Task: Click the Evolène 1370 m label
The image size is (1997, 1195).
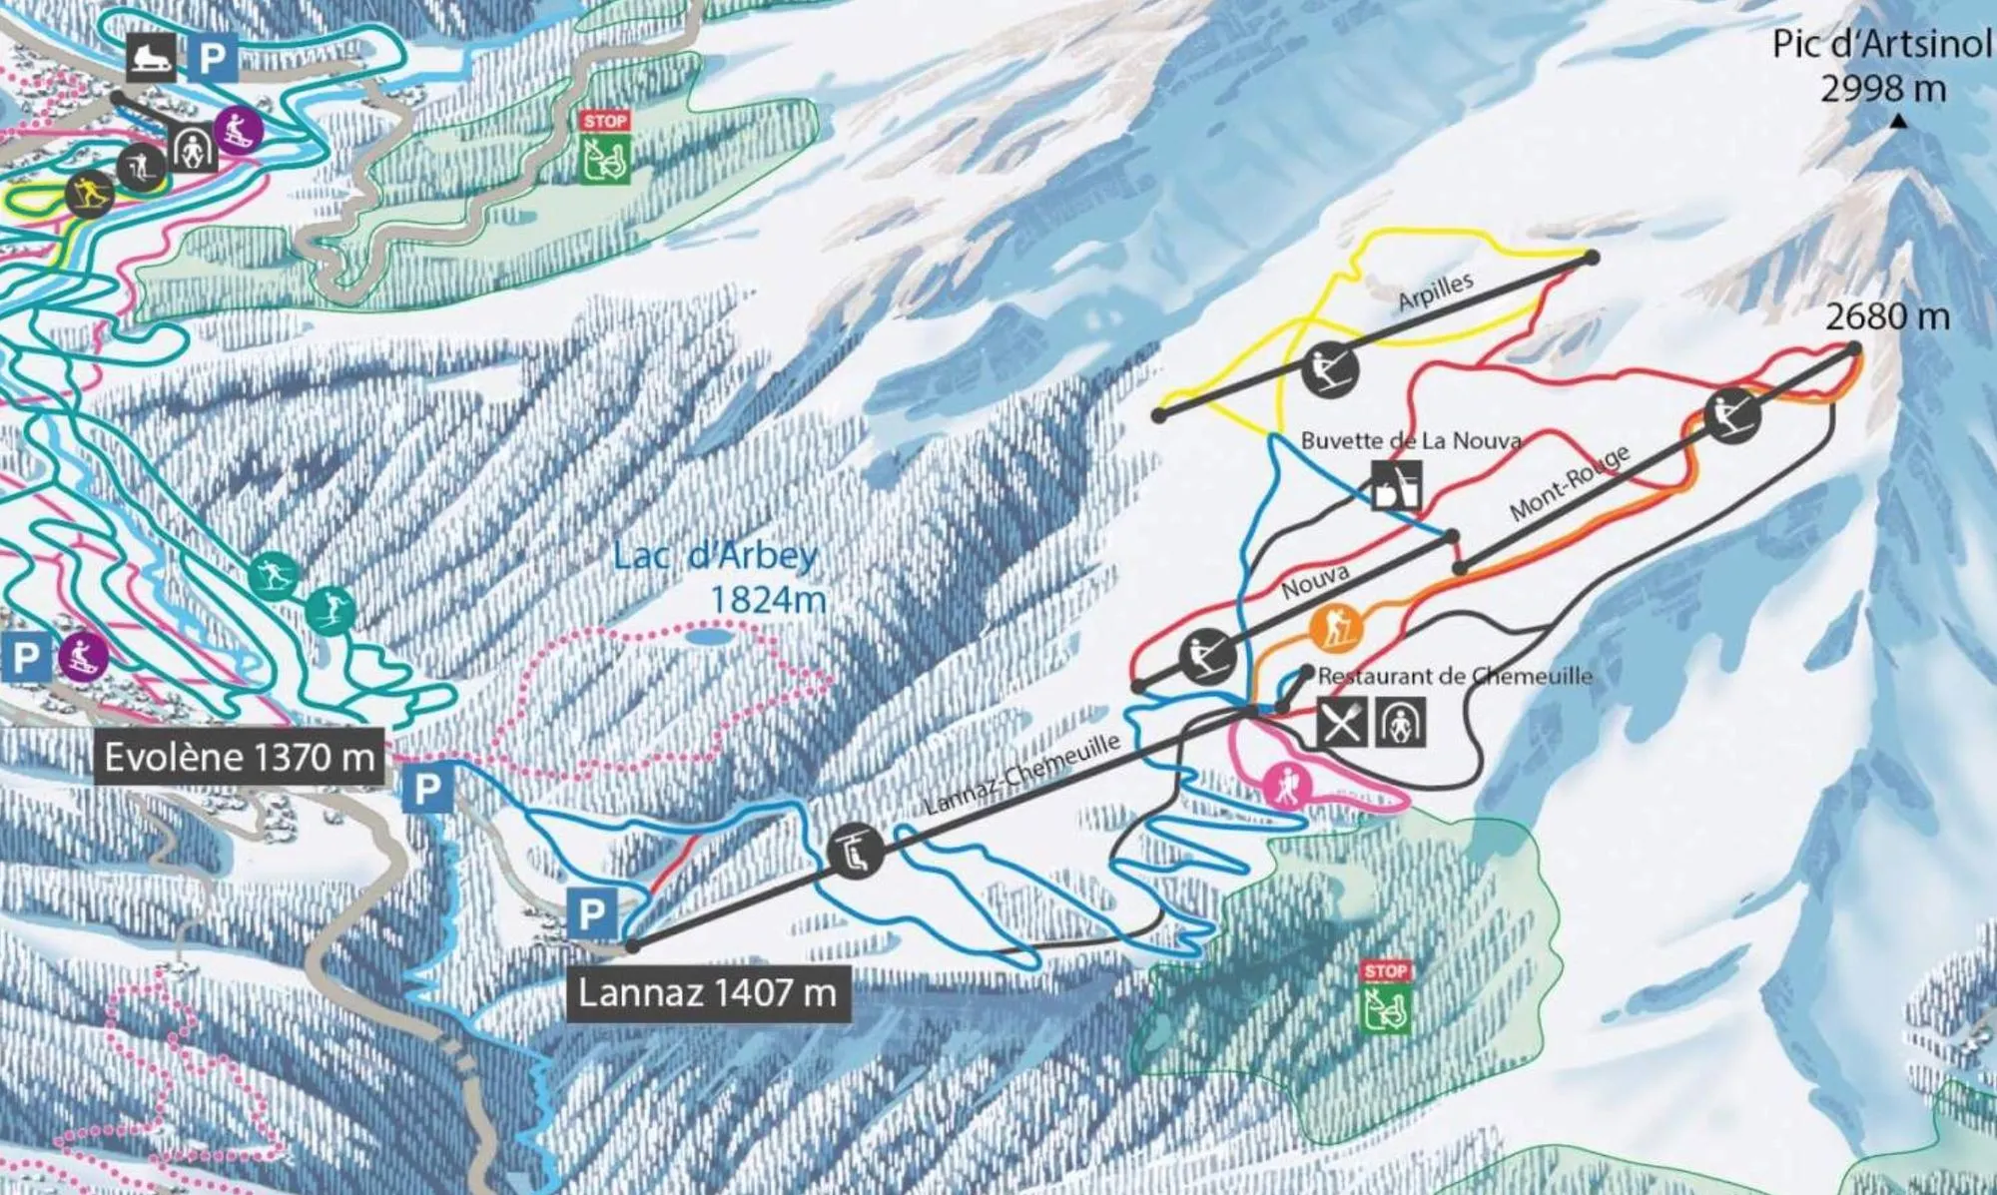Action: (240, 757)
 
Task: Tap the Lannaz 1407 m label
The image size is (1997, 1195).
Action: (708, 993)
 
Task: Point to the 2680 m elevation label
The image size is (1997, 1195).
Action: (1887, 316)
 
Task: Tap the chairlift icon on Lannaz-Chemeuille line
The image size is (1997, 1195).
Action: (856, 851)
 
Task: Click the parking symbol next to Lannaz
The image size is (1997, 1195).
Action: (591, 913)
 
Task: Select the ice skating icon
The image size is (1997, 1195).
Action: (153, 57)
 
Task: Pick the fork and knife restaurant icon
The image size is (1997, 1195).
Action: (1342, 722)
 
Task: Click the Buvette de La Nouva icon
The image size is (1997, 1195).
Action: (1397, 485)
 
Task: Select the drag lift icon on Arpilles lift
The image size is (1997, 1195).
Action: (1331, 369)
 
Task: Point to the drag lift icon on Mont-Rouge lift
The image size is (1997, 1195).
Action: (1732, 414)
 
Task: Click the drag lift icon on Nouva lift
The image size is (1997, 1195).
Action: (1207, 654)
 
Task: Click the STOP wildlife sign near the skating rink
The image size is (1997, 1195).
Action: (605, 148)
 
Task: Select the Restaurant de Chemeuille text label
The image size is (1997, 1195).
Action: (1454, 676)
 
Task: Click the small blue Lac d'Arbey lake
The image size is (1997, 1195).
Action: (710, 636)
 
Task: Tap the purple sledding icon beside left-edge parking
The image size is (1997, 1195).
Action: (82, 656)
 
